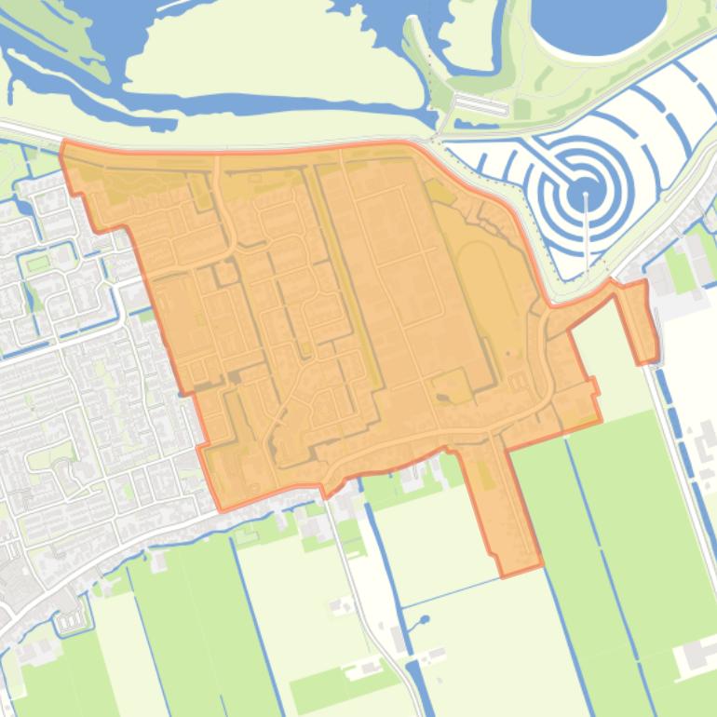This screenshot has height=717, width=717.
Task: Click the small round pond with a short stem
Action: (425, 619)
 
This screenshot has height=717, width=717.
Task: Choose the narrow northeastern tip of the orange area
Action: (640, 321)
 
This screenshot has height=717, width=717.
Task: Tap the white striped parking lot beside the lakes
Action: (480, 105)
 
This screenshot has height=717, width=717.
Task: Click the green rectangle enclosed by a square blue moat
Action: (38, 264)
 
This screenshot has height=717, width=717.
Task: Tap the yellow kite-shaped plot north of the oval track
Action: (440, 192)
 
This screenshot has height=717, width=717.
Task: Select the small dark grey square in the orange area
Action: (235, 376)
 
